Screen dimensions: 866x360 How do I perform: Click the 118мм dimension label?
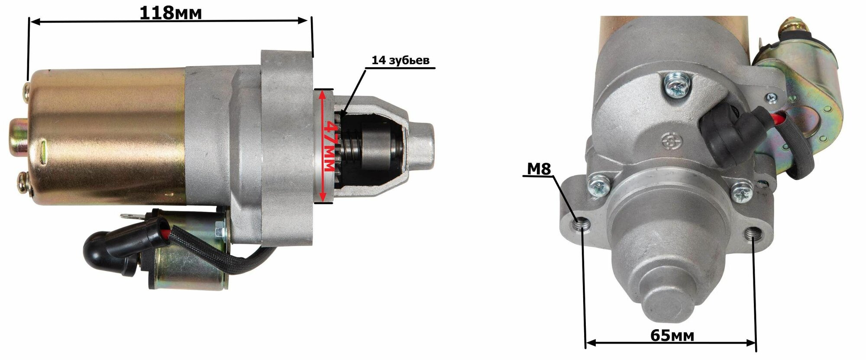point(171,13)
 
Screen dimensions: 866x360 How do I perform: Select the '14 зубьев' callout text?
point(401,60)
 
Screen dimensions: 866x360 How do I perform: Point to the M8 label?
point(539,169)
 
